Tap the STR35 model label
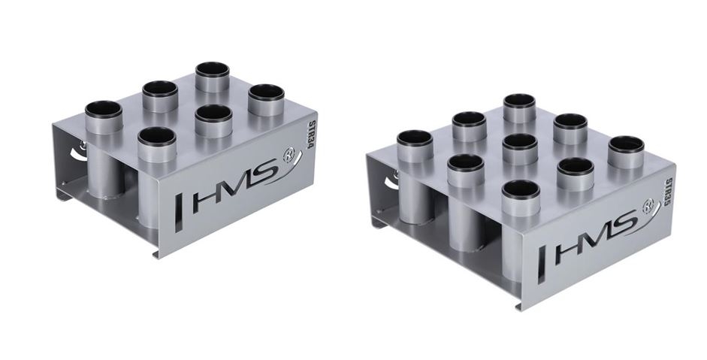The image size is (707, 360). (x=668, y=194)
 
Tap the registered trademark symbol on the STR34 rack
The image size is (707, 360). (x=289, y=156)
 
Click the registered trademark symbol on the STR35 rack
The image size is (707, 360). (x=648, y=206)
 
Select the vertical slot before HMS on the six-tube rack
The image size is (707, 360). (x=179, y=213)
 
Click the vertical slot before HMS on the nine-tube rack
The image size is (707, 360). (x=542, y=265)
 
